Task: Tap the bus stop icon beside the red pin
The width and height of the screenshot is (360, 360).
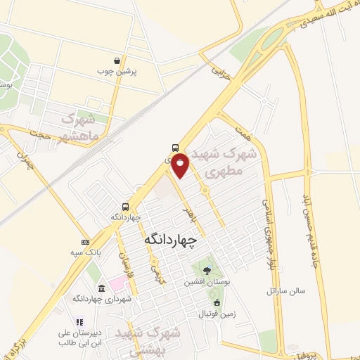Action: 174,148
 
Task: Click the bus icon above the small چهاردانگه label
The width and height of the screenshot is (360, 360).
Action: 125,207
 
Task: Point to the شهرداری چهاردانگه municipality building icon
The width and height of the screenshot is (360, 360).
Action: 103,289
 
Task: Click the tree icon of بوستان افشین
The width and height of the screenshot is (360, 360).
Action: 206,270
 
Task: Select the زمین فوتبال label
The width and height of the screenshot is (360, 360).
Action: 215,313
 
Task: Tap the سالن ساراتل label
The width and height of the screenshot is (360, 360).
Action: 283,290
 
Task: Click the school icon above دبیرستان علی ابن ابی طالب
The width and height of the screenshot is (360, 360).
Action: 79,323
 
